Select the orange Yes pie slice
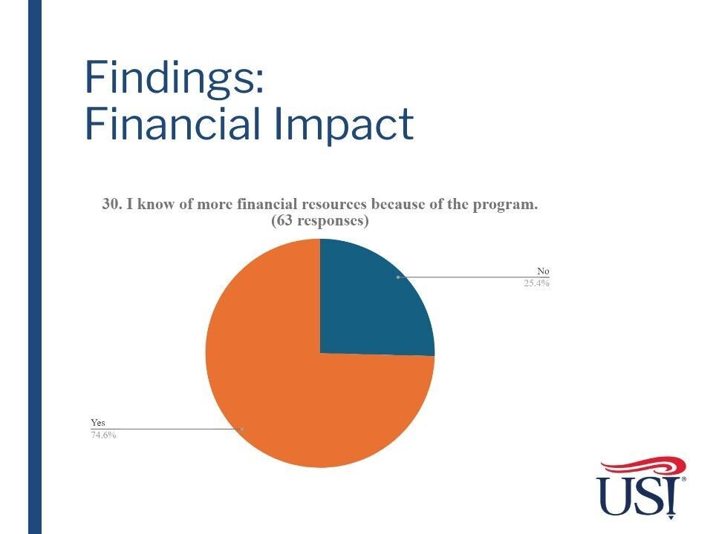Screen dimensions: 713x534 click(x=291, y=386)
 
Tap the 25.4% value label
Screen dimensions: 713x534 click(x=536, y=283)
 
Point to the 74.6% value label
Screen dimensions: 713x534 click(x=103, y=435)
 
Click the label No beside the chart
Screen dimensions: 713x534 click(x=543, y=271)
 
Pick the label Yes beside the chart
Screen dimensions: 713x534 click(x=98, y=422)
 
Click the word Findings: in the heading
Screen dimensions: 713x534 click(x=174, y=77)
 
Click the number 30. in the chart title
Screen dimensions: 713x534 click(x=112, y=205)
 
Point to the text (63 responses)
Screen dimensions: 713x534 click(x=319, y=221)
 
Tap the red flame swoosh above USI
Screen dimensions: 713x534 click(x=643, y=467)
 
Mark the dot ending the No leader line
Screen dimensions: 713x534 click(x=398, y=277)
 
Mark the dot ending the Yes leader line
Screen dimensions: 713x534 click(x=242, y=429)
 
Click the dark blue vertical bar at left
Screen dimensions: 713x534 click(x=35, y=267)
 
